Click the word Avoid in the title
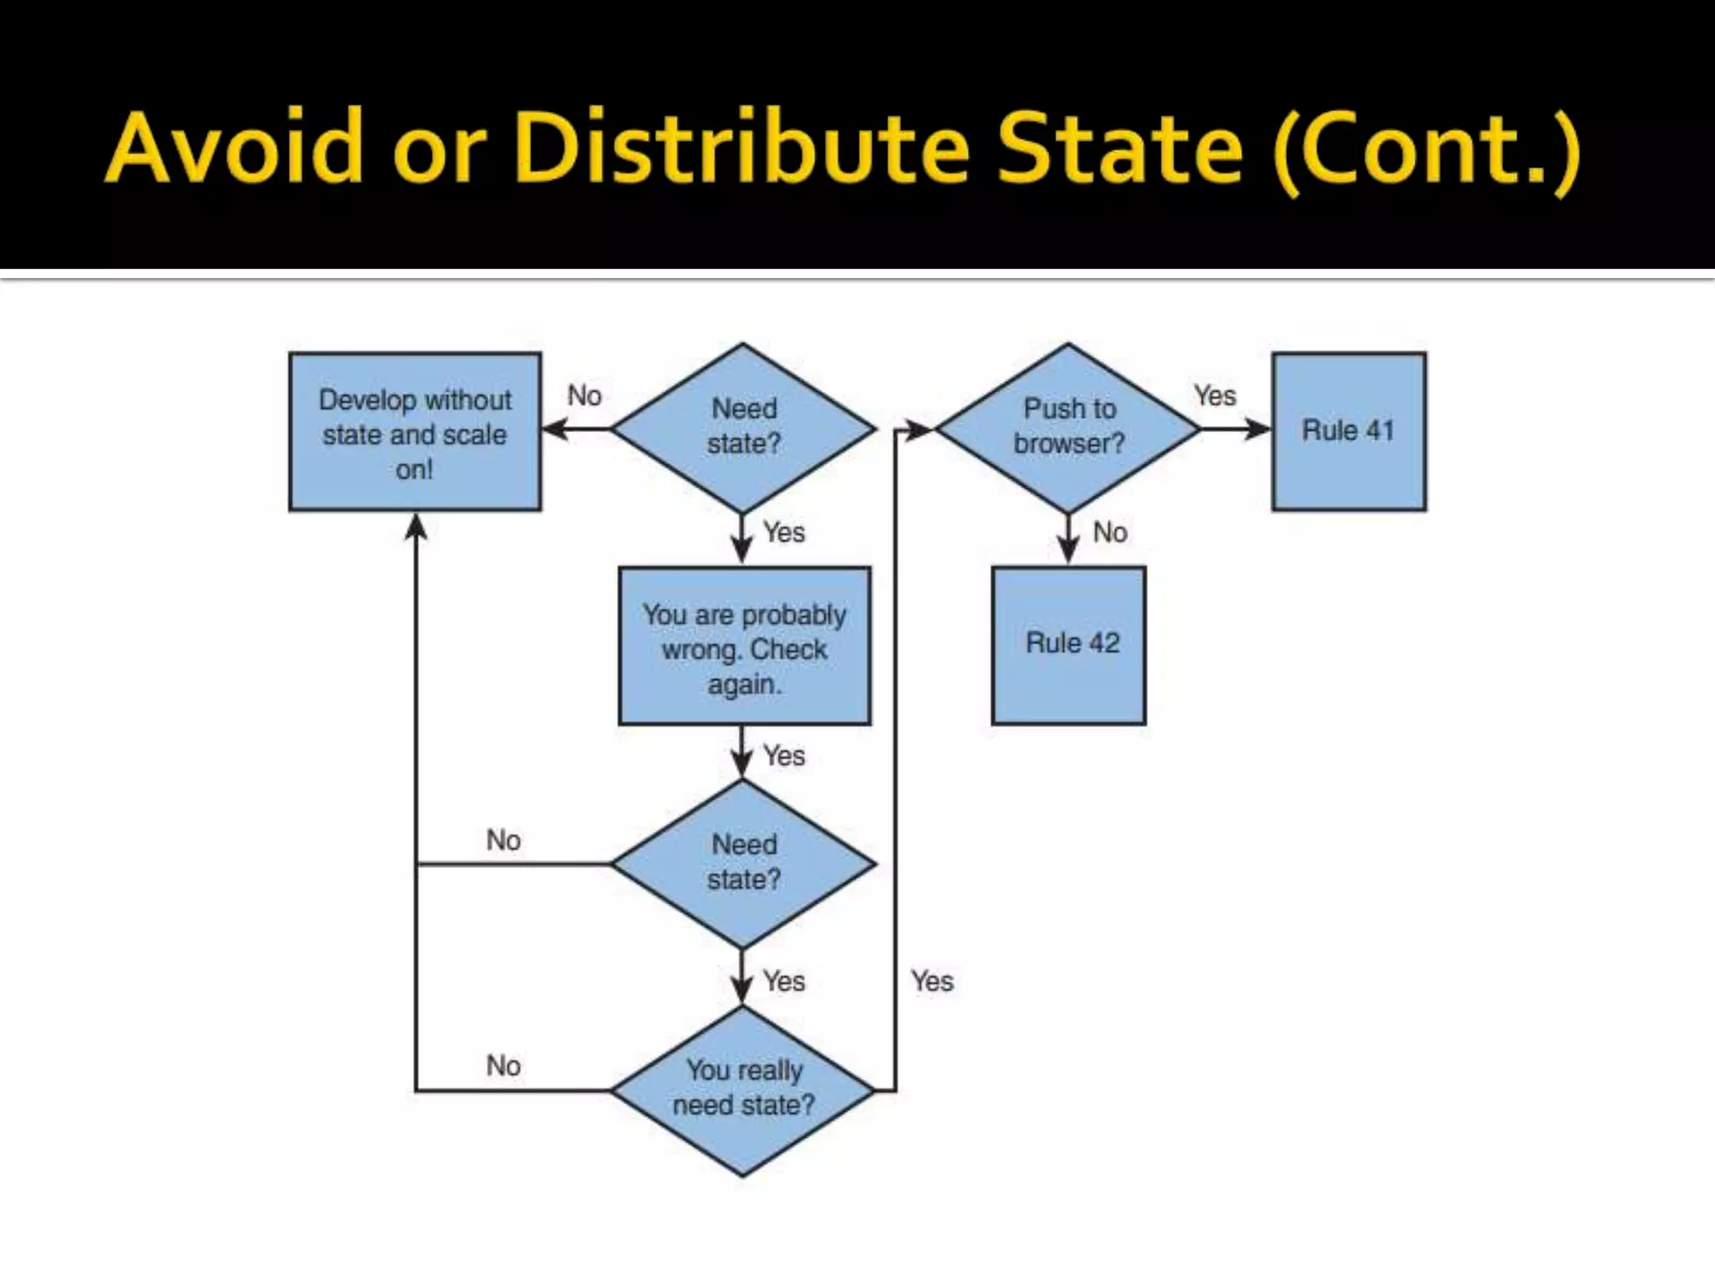pyautogui.click(x=234, y=147)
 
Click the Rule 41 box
pyautogui.click(x=1348, y=431)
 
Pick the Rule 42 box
pyautogui.click(x=1069, y=645)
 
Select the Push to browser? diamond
pyautogui.click(x=1068, y=428)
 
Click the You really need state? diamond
pyautogui.click(x=743, y=1089)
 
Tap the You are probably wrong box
pyautogui.click(x=744, y=646)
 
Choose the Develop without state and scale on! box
pyautogui.click(x=415, y=432)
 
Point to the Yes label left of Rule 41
pyautogui.click(x=1214, y=396)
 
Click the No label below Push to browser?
pyautogui.click(x=1110, y=532)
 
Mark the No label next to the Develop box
pyautogui.click(x=585, y=396)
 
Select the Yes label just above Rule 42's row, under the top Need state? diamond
pyautogui.click(x=784, y=532)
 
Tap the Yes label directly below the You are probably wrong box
pyautogui.click(x=784, y=756)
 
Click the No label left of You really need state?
pyautogui.click(x=503, y=1066)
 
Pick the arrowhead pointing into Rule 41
pyautogui.click(x=1259, y=430)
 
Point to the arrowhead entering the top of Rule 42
pyautogui.click(x=1068, y=553)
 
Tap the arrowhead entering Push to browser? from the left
pyautogui.click(x=920, y=430)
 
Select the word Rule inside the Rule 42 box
pyautogui.click(x=1053, y=643)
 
